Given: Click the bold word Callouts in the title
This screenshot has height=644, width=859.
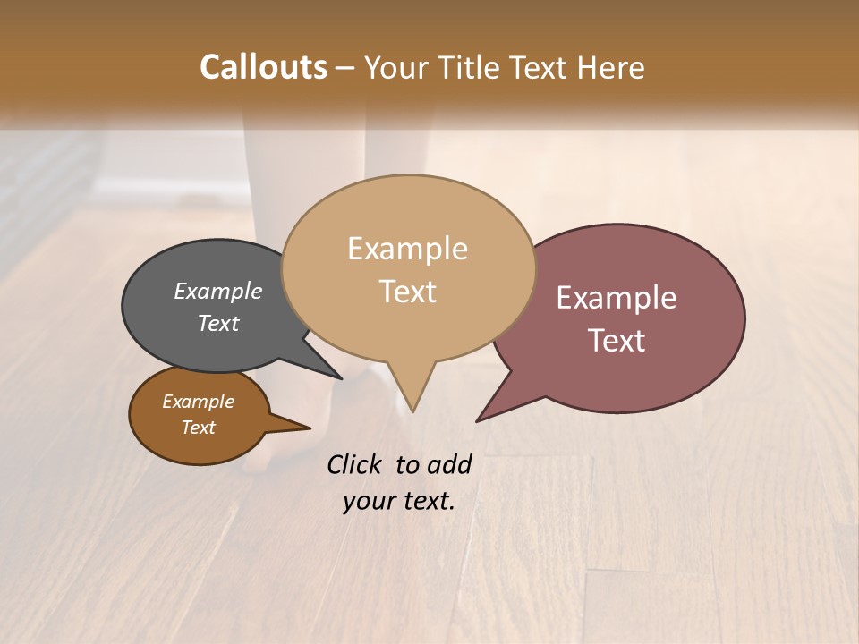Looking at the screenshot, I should pos(263,67).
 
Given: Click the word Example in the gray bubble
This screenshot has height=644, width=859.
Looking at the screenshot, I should pos(218,292).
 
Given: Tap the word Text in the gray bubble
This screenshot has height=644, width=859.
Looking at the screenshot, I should pos(218,324).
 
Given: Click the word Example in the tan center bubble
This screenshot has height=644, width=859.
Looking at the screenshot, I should pos(407,249).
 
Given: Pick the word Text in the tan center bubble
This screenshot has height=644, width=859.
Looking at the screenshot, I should pos(407,292).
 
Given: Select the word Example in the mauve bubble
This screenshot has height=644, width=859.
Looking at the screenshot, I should pos(617,298).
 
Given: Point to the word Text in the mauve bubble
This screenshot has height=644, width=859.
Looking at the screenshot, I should pos(617,341).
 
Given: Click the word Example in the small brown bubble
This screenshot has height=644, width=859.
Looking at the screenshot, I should pos(198,402).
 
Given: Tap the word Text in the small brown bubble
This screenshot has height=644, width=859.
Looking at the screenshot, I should pos(198,428).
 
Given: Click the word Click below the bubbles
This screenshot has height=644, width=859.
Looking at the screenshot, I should pos(356,464).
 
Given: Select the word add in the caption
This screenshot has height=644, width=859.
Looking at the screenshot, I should pos(449,464).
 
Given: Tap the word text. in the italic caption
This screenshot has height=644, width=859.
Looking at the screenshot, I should pos(426,501).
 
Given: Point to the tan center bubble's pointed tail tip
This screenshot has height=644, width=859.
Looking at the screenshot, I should pos(412,411).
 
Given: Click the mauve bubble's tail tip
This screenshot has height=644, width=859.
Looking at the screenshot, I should pos(478,420).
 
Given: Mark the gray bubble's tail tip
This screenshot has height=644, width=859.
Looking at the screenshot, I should pos(341,378).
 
